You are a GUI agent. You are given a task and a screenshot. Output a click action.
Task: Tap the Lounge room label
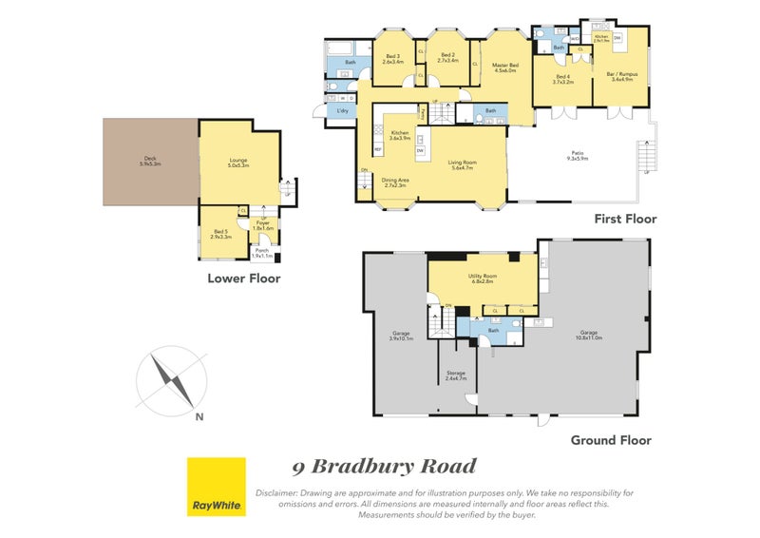click(x=237, y=163)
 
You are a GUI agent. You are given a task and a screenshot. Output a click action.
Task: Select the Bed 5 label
click(x=220, y=234)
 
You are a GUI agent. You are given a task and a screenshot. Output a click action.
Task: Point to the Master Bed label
click(x=504, y=67)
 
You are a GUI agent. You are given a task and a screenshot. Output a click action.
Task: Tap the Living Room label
click(x=463, y=164)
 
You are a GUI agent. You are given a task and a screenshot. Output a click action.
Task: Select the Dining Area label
click(x=395, y=183)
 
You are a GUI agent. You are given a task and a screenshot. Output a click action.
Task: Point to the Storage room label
click(x=456, y=375)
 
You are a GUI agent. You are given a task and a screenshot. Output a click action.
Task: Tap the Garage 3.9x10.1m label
click(x=400, y=336)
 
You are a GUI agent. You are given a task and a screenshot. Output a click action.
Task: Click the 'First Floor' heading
click(x=625, y=220)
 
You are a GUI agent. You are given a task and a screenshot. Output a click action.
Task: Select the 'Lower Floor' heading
click(x=244, y=279)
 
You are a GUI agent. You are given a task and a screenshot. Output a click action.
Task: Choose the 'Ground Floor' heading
click(x=611, y=440)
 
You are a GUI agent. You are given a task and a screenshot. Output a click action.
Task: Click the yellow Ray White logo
click(x=216, y=487)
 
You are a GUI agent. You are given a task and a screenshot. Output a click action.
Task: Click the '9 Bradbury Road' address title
click(x=384, y=467)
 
